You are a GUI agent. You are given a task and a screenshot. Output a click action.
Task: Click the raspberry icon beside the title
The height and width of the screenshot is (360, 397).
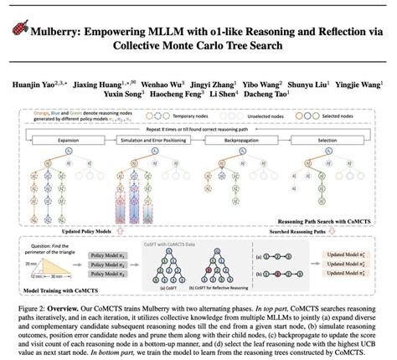(x=21, y=27)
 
